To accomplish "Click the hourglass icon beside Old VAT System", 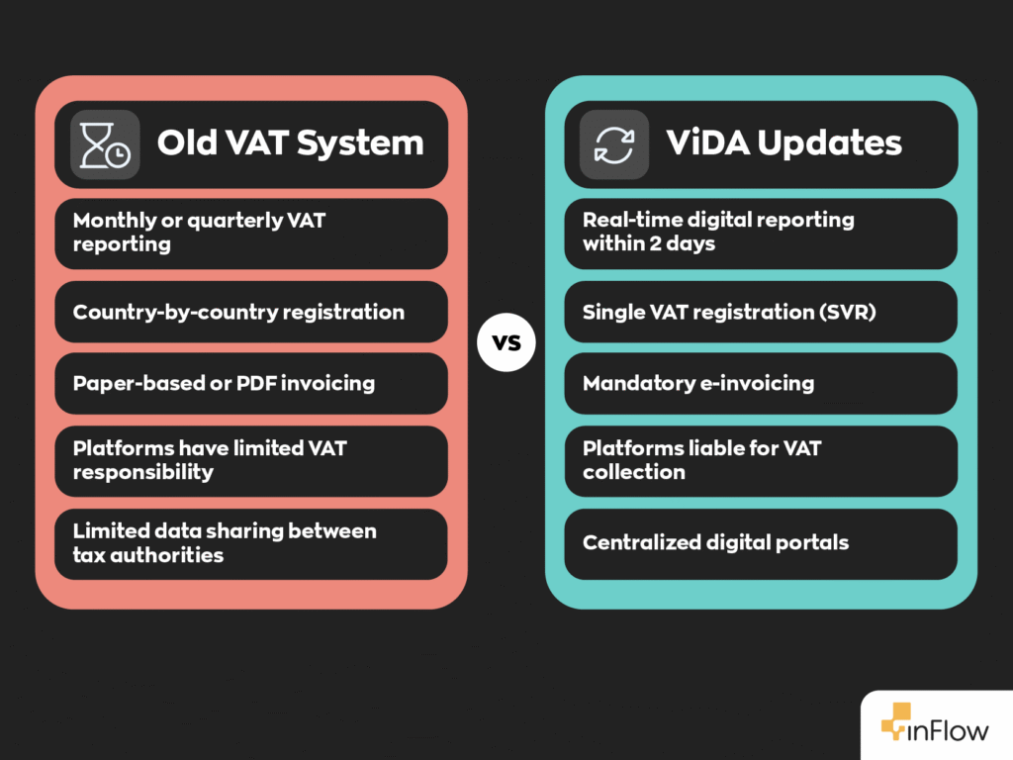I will pos(104,144).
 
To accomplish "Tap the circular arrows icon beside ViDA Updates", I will pos(613,144).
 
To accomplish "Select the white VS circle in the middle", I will pos(506,343).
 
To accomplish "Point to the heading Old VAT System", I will pos(290,142).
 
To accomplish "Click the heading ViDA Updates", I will pos(783,142).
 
